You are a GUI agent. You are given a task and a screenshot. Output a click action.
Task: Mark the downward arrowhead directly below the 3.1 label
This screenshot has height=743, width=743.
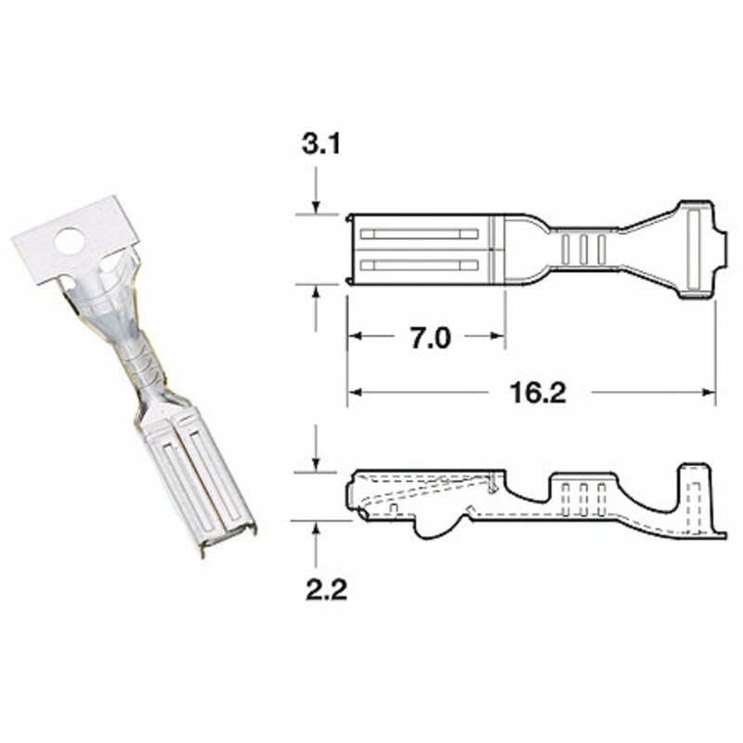click(x=317, y=209)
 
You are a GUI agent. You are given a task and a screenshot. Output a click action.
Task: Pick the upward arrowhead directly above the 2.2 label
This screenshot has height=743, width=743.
click(x=317, y=528)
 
